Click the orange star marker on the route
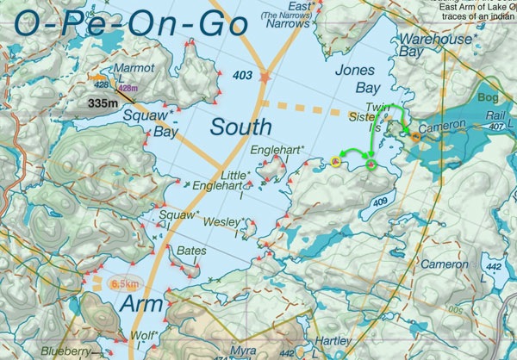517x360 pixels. click(265, 78)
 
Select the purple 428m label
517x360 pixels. click(128, 89)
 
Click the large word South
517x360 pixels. click(241, 128)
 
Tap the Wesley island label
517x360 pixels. click(221, 222)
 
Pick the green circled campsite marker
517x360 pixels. click(371, 164)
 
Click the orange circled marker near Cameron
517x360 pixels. click(416, 136)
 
